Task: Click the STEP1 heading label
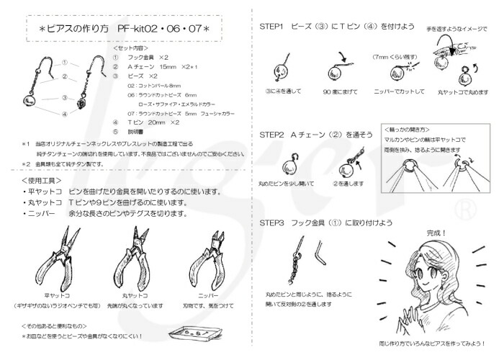click(x=273, y=26)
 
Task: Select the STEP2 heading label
click(x=273, y=134)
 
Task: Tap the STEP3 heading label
click(x=273, y=222)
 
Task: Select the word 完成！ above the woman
click(x=436, y=233)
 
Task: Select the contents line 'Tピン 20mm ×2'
click(x=153, y=123)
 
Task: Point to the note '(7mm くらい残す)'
click(x=392, y=56)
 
